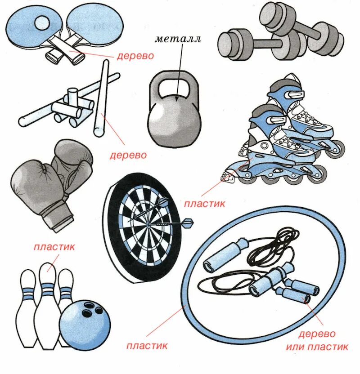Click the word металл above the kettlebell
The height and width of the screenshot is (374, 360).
point(178,39)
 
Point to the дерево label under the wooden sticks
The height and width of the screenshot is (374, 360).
point(129,155)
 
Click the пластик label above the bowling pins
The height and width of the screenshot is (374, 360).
point(54,247)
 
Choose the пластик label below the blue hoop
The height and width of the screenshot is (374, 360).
point(147,346)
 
